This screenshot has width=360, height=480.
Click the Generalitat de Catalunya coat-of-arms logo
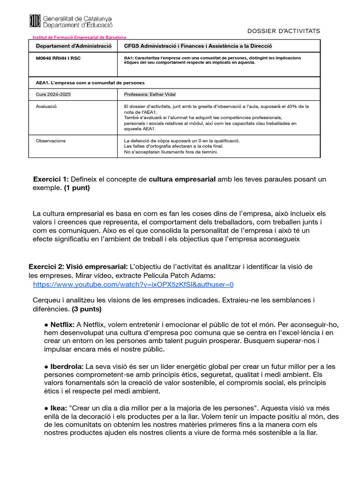pyautogui.click(x=35, y=21)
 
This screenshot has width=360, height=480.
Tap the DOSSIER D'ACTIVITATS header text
pyautogui.click(x=284, y=31)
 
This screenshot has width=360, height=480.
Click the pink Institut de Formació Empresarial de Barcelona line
pyautogui.click(x=79, y=37)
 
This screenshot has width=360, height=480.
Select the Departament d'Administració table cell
pyautogui.click(x=74, y=46)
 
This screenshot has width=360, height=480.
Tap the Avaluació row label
pyautogui.click(x=46, y=106)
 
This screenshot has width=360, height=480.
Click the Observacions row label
pyautogui.click(x=51, y=141)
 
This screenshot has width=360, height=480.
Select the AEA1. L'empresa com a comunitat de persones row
pyautogui.click(x=90, y=82)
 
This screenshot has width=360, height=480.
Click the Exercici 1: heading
pyautogui.click(x=51, y=180)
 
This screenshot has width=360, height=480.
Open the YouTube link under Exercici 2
pyautogui.click(x=133, y=285)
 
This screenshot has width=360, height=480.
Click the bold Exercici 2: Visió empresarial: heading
pyautogui.click(x=78, y=267)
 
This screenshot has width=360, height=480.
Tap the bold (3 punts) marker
pyautogui.click(x=87, y=309)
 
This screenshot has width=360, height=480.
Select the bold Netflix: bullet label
pyautogui.click(x=62, y=324)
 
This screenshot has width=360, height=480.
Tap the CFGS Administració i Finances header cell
pyautogui.click(x=197, y=46)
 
